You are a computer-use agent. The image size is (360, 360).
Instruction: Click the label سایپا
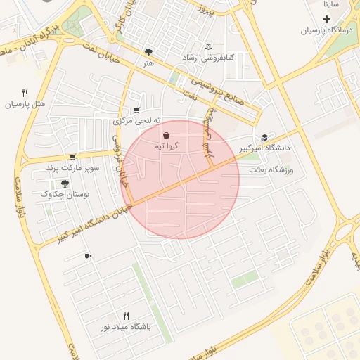point(331,4)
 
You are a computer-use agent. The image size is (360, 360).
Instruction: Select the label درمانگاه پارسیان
point(325,30)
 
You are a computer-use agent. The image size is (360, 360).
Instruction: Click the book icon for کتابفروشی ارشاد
point(207,47)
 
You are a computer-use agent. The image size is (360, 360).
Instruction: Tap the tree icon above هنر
point(148,52)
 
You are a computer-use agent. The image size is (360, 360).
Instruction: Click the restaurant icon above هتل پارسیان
point(25,93)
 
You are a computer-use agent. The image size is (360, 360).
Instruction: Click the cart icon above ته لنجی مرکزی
point(136,110)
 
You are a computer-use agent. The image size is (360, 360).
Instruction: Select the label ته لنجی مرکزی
point(134,121)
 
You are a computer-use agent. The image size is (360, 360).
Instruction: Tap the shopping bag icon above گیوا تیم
point(166,135)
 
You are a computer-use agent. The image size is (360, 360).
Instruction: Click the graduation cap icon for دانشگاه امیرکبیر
point(264,137)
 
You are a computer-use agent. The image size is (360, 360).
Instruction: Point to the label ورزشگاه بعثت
point(270,170)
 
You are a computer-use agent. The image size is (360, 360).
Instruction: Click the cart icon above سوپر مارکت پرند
point(72,157)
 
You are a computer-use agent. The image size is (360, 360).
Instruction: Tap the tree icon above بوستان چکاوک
point(65,183)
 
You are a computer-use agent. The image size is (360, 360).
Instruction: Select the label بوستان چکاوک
point(63,194)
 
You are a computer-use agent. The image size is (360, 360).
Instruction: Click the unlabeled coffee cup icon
point(87,256)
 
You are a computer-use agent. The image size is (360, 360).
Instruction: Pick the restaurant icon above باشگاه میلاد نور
point(127,316)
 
